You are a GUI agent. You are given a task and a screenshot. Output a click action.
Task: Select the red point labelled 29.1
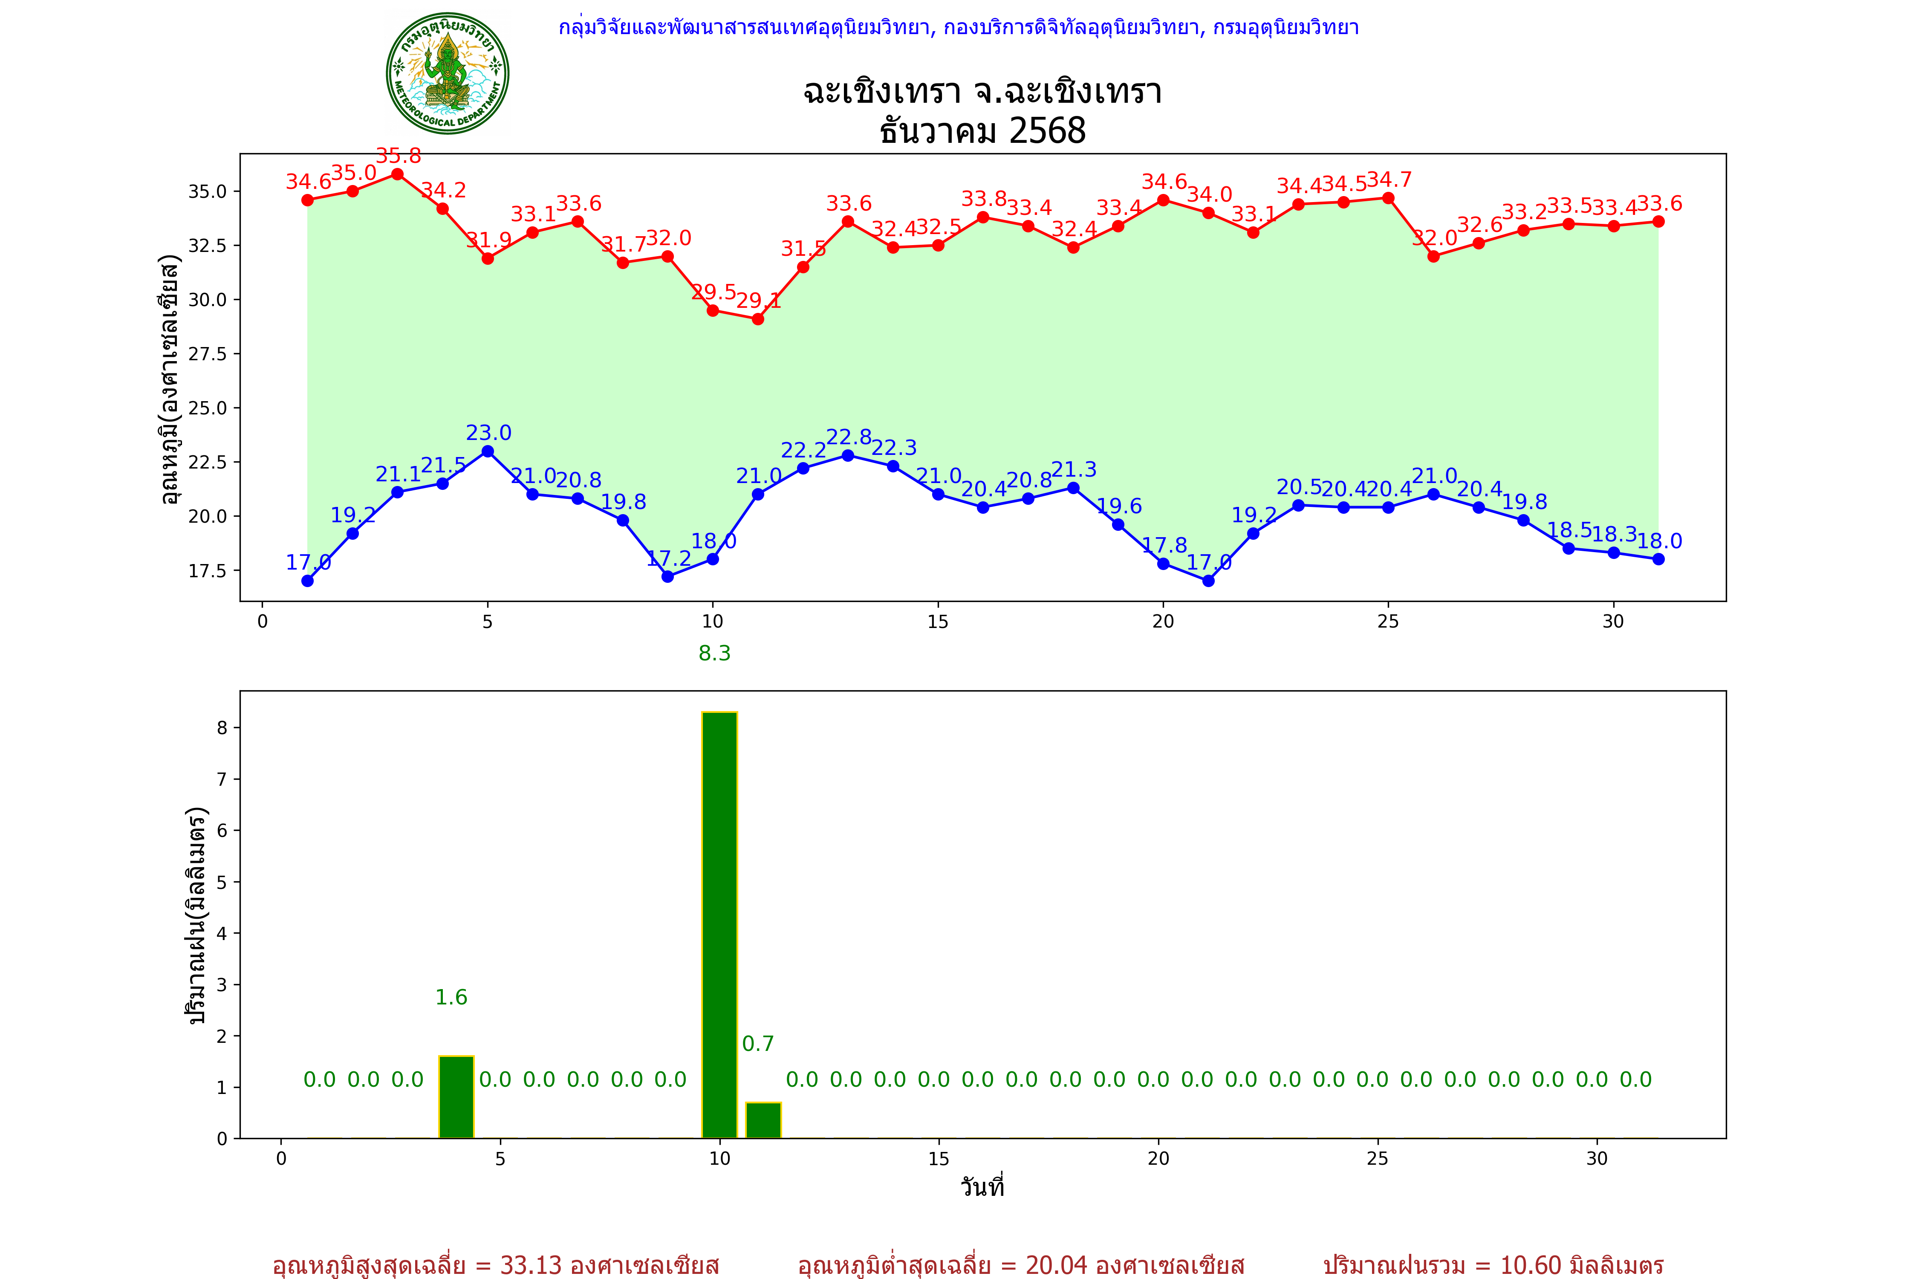[757, 319]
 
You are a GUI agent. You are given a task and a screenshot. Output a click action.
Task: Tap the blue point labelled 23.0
[488, 451]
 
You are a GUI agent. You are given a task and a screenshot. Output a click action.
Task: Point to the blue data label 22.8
[849, 437]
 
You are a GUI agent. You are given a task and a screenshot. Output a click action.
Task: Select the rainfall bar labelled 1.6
[456, 1097]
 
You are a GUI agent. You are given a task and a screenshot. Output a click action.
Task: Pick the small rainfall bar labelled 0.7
[763, 1120]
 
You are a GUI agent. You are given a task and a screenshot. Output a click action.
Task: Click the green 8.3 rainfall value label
[714, 654]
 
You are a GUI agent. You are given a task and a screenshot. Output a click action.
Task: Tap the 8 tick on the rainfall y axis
[222, 728]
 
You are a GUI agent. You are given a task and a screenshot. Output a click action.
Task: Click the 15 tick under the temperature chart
[938, 622]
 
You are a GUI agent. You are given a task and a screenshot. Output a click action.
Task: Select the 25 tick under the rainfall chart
[1378, 1158]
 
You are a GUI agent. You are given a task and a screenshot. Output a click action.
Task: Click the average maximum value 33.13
[531, 1265]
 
